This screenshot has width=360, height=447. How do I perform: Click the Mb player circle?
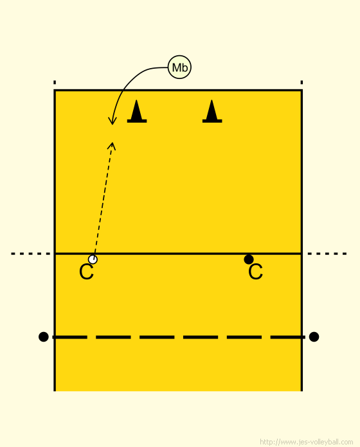(x=180, y=67)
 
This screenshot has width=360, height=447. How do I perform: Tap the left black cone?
(x=137, y=112)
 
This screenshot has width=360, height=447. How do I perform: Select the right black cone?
(x=212, y=112)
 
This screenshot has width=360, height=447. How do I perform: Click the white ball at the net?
(x=93, y=259)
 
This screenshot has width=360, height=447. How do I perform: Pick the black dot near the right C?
(x=249, y=259)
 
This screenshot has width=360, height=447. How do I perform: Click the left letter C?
(x=86, y=272)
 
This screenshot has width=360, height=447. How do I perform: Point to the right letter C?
(x=255, y=272)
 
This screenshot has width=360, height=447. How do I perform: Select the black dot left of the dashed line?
(x=43, y=337)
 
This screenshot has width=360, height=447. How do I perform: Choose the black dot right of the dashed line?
(x=314, y=337)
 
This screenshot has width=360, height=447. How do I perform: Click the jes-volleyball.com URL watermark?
(x=307, y=442)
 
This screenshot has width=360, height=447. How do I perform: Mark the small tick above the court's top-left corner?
(x=55, y=82)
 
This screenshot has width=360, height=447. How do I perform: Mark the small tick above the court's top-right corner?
(x=301, y=82)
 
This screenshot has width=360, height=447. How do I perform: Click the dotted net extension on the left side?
(x=31, y=254)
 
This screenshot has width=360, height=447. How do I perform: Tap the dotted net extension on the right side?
(x=327, y=254)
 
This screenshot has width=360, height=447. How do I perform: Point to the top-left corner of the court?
(x=55, y=91)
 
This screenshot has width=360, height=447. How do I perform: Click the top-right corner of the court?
(x=301, y=91)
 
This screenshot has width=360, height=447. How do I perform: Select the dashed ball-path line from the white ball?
(x=103, y=198)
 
